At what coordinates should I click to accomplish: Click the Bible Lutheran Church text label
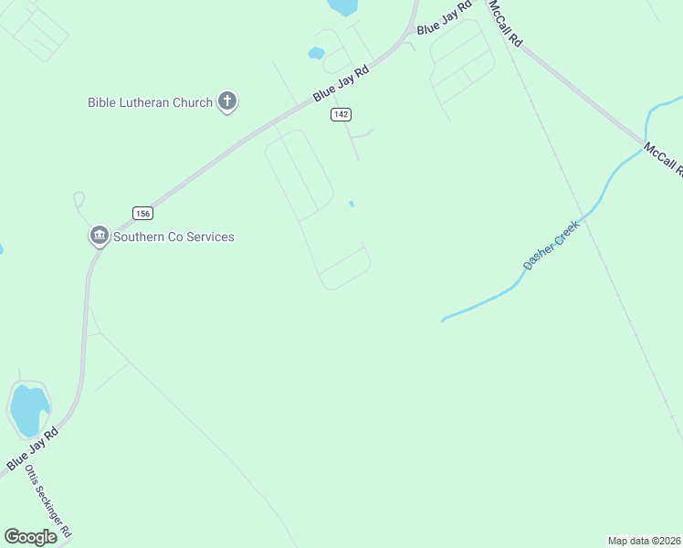[x=150, y=102]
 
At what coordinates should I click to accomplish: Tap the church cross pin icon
[x=227, y=101]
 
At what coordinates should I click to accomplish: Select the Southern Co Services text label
[x=173, y=237]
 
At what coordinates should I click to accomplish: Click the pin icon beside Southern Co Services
[x=99, y=236]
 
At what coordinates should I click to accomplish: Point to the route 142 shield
[x=341, y=114]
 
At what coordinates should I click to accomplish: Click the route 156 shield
[x=142, y=213]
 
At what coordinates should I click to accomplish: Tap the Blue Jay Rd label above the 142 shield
[x=340, y=83]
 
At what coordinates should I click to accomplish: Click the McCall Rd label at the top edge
[x=505, y=23]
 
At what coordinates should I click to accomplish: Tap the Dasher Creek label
[x=552, y=244]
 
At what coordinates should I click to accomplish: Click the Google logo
[x=30, y=536]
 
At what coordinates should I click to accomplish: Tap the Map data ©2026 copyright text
[x=644, y=540]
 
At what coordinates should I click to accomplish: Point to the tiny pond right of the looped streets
[x=352, y=204]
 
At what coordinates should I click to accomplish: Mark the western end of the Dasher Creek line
[x=443, y=321]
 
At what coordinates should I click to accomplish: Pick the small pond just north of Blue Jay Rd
[x=316, y=53]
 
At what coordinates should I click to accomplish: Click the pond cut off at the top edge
[x=343, y=7]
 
